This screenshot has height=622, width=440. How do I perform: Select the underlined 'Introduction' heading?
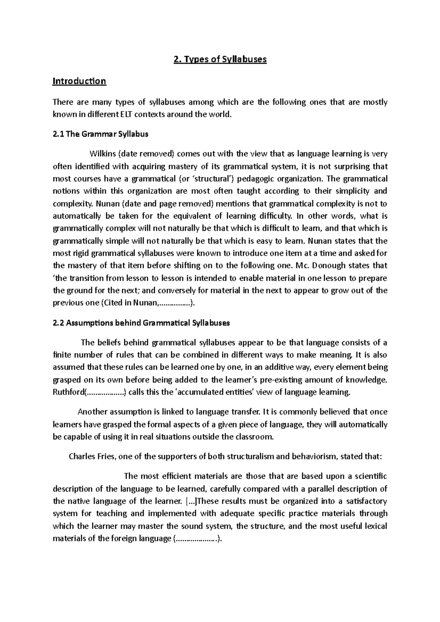(79, 81)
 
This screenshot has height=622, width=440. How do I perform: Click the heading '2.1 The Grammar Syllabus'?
(100, 134)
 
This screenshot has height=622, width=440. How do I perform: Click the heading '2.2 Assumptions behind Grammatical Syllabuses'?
(142, 323)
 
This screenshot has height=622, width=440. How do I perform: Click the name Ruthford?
(69, 392)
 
